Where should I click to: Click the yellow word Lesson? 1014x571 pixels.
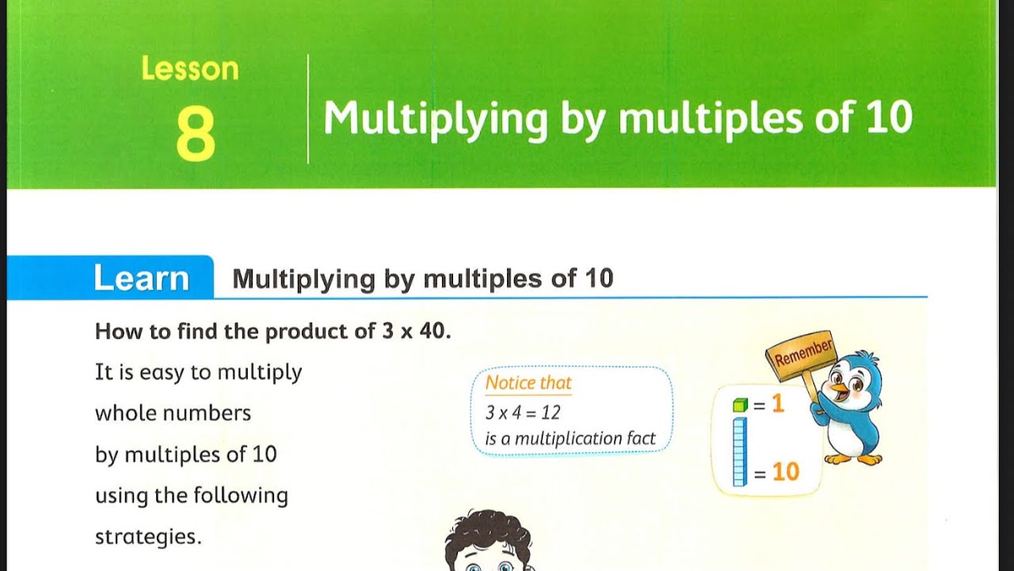click(189, 69)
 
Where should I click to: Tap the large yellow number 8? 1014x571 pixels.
click(195, 134)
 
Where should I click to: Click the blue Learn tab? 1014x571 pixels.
click(141, 278)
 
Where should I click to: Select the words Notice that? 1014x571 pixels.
click(528, 383)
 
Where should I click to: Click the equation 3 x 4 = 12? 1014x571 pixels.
click(523, 412)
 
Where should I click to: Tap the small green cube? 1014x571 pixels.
click(740, 405)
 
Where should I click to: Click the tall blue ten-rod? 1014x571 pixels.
click(739, 452)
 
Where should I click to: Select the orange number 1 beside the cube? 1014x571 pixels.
click(777, 404)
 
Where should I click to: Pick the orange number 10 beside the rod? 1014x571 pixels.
click(785, 473)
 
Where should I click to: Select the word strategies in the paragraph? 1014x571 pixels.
click(148, 537)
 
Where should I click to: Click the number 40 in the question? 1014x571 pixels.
click(433, 331)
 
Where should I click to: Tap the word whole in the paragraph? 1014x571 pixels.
click(124, 413)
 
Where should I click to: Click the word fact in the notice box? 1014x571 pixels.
click(640, 439)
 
